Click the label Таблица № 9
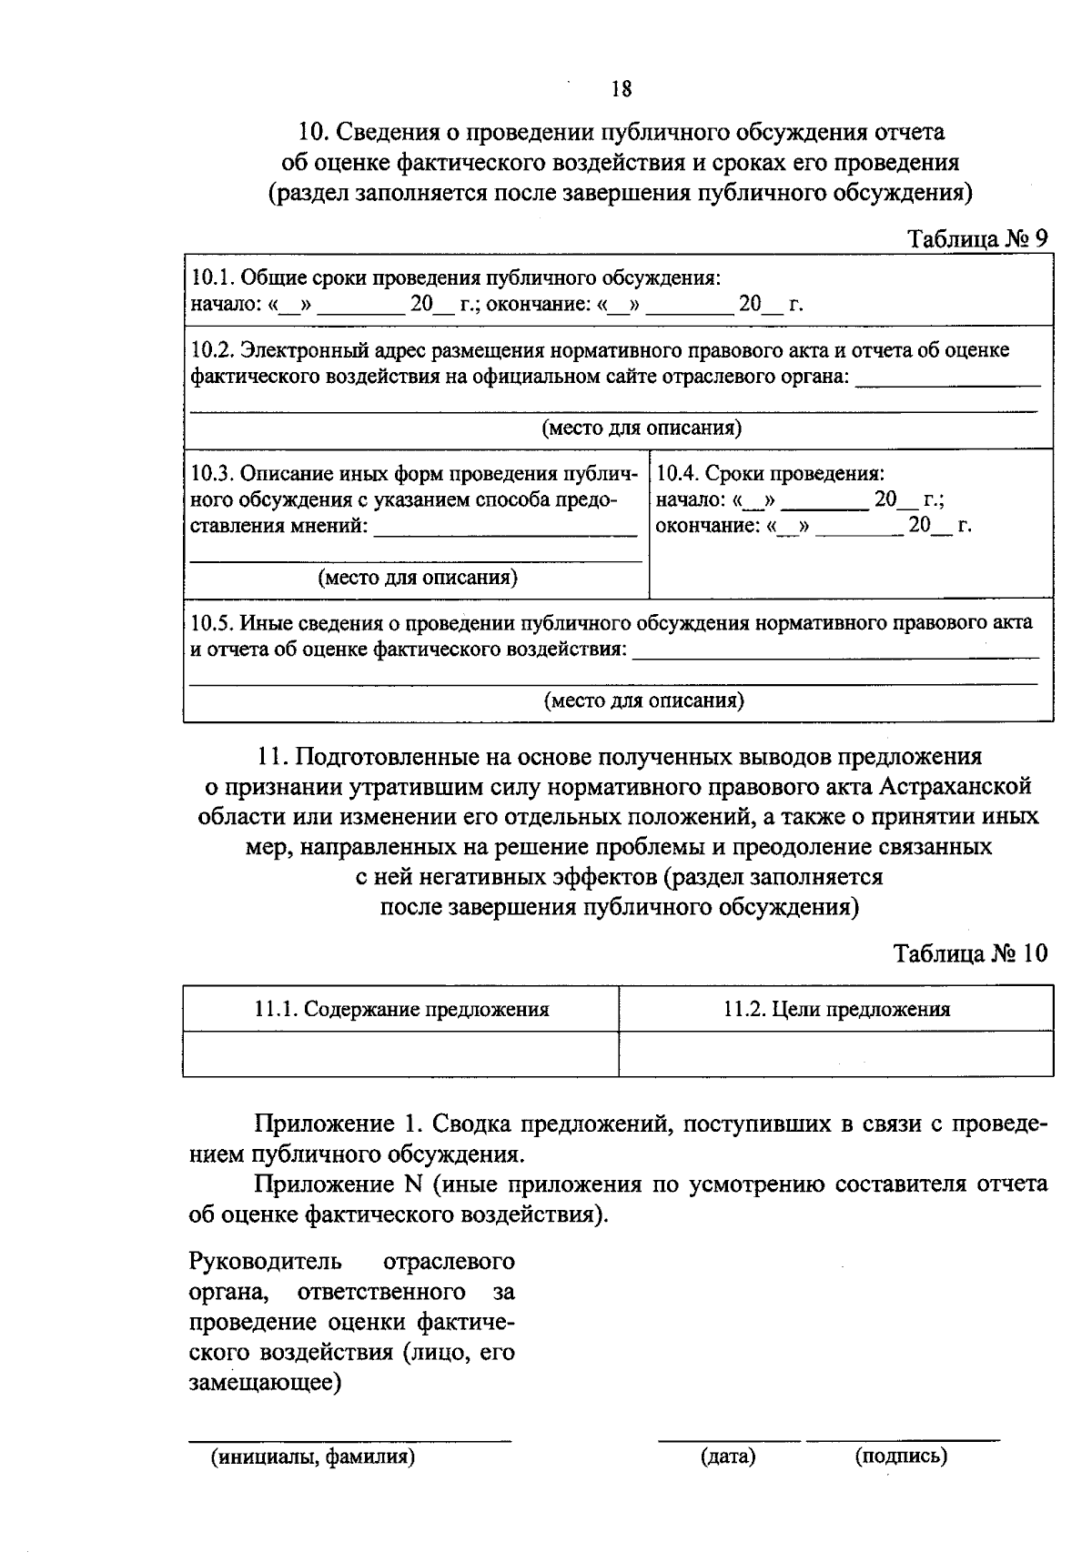click(979, 237)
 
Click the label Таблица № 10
click(971, 953)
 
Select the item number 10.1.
click(210, 277)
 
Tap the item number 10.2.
click(210, 350)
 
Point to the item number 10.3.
click(210, 474)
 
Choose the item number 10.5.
click(210, 623)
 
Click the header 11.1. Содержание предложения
click(401, 1008)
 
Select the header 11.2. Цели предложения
click(836, 1008)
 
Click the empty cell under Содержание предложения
click(401, 1053)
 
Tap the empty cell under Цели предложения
click(836, 1053)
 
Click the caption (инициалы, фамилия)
click(313, 1456)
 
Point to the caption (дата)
click(729, 1456)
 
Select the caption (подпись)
click(901, 1456)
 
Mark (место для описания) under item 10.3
click(418, 578)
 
